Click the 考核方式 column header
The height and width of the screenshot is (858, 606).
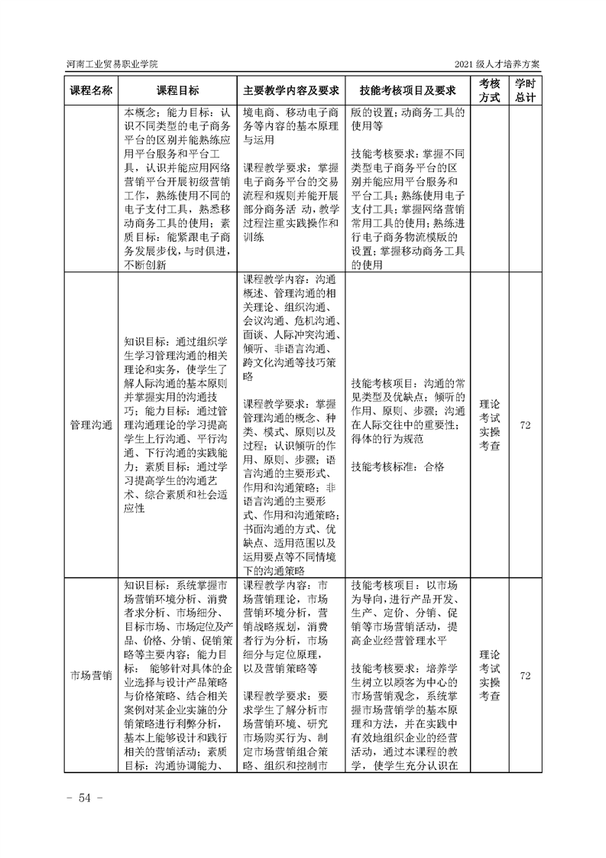point(489,89)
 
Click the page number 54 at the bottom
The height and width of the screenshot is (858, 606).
point(79,798)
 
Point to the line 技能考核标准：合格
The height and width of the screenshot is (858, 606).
point(396,466)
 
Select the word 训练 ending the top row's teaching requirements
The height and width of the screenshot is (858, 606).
point(254,237)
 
